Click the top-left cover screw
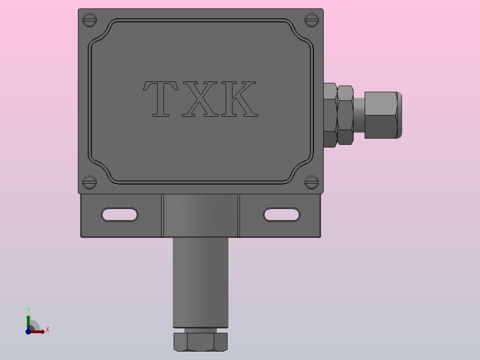click(90, 20)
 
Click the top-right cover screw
click(311, 20)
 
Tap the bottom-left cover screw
click(90, 182)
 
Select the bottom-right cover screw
click(311, 181)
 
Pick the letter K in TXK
click(239, 99)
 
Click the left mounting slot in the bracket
click(120, 215)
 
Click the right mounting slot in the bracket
click(282, 215)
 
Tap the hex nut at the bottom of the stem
click(200, 342)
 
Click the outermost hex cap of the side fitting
click(381, 115)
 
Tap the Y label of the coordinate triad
click(28, 310)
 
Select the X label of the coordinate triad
click(47, 330)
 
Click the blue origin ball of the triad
click(28, 331)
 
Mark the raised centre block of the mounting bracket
click(200, 216)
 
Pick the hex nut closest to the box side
click(329, 115)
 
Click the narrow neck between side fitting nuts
click(359, 115)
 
